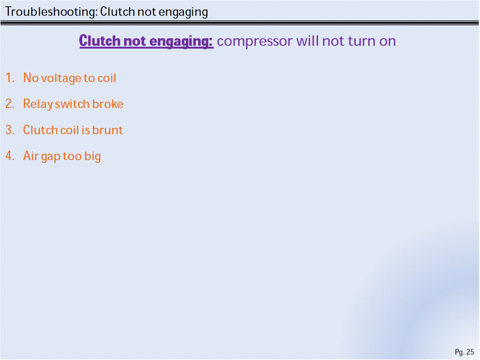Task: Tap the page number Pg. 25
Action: click(464, 352)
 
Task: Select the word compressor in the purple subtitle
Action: click(255, 42)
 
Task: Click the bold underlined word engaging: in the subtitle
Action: click(182, 41)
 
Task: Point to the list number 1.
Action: click(9, 78)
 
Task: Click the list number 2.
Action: click(9, 104)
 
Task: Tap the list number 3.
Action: click(9, 130)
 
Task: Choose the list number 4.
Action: click(9, 156)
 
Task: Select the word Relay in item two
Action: click(38, 104)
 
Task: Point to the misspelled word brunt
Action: click(108, 130)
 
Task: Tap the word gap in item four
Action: click(51, 156)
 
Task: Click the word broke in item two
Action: click(108, 104)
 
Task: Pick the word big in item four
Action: click(93, 156)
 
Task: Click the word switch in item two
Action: click(72, 104)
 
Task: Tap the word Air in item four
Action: click(31, 156)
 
